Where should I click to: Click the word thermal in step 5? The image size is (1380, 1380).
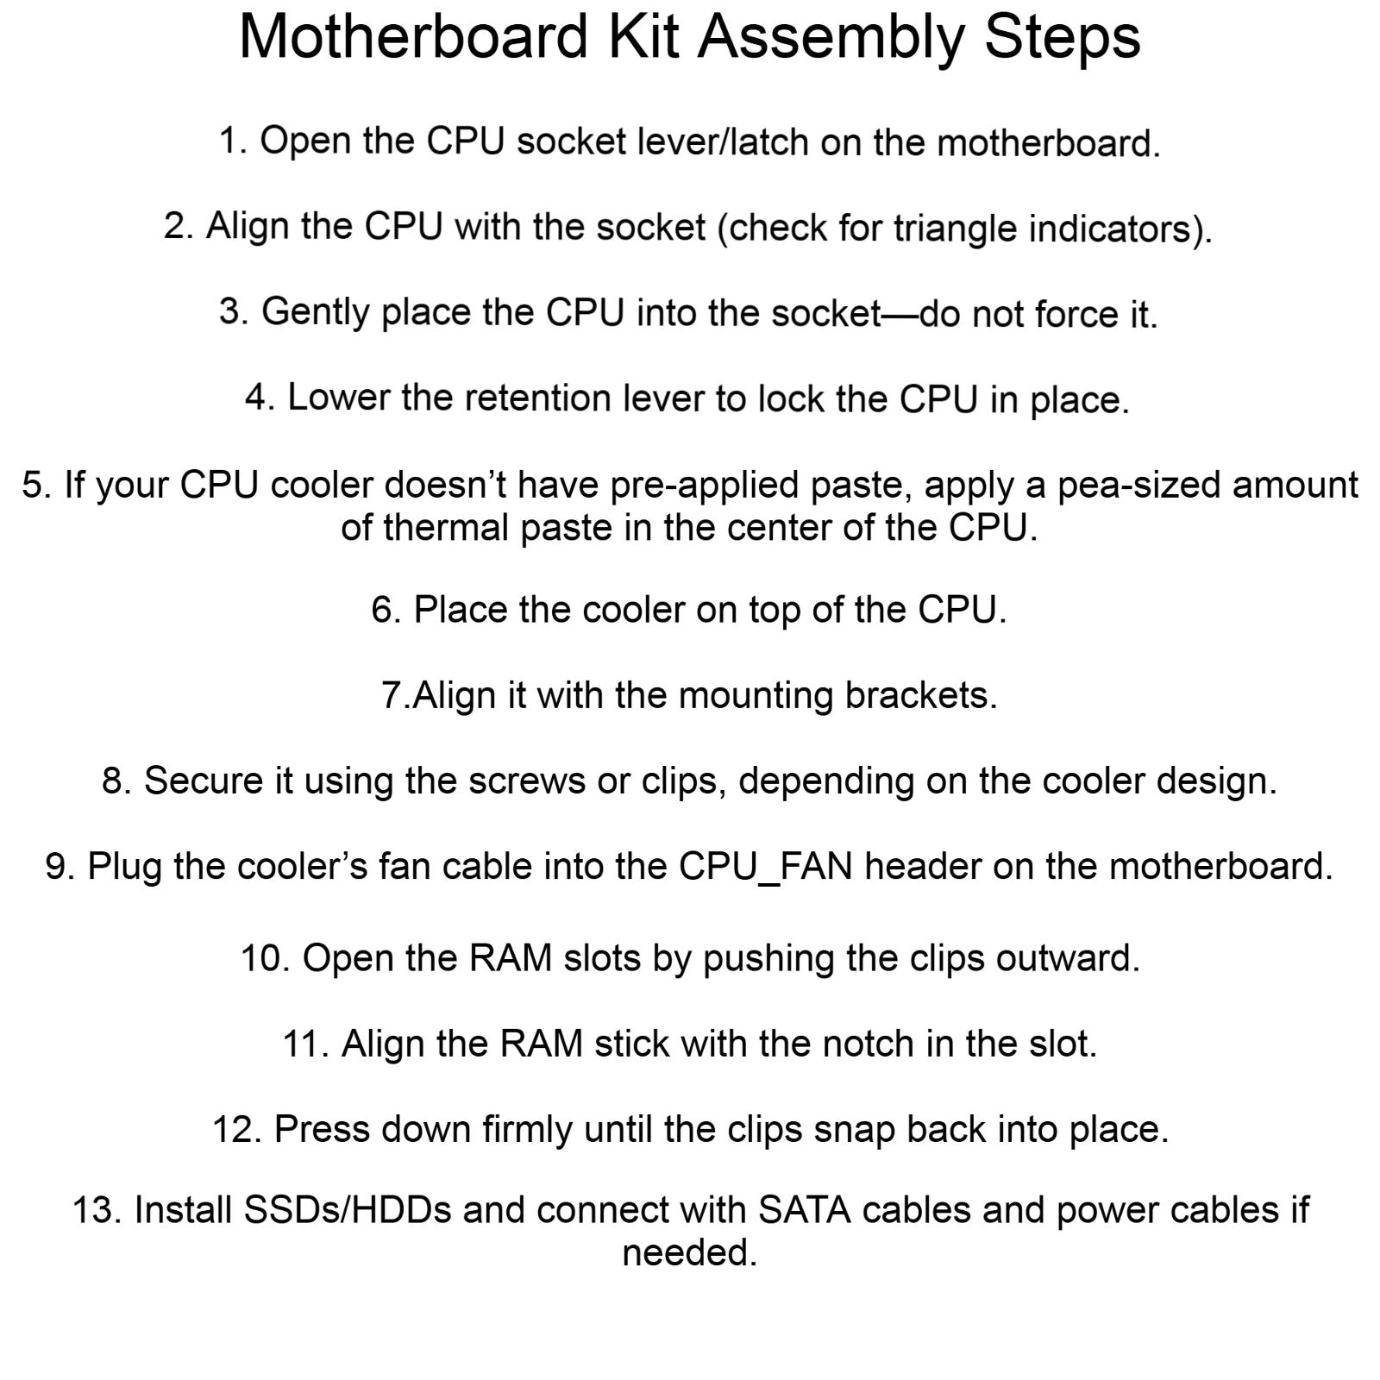[x=448, y=527]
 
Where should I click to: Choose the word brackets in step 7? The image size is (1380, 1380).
[x=920, y=695]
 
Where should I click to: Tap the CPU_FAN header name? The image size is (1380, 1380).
[x=766, y=867]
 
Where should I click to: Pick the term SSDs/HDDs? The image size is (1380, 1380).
[x=348, y=1210]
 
